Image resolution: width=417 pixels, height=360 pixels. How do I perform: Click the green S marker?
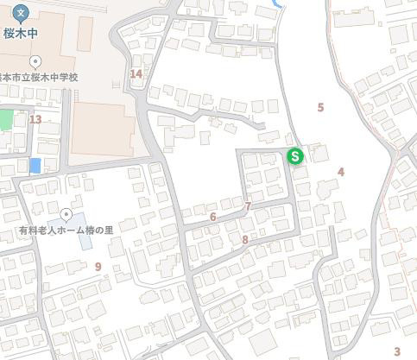(x=295, y=156)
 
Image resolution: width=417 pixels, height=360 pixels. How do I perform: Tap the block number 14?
(x=136, y=73)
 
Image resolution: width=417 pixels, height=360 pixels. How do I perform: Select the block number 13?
(x=35, y=118)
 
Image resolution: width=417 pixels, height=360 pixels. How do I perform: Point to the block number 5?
(x=320, y=107)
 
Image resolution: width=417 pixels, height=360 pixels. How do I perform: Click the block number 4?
(x=341, y=172)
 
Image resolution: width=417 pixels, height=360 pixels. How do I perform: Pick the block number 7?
(x=248, y=206)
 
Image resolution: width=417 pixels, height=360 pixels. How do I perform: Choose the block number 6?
(x=212, y=217)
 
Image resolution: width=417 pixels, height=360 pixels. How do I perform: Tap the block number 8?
(x=245, y=239)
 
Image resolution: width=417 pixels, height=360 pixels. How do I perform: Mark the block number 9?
(x=98, y=266)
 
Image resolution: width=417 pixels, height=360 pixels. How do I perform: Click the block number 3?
(x=397, y=351)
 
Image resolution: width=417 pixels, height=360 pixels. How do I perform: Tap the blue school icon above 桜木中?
(x=22, y=14)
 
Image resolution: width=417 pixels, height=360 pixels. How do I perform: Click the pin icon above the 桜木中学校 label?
(x=35, y=61)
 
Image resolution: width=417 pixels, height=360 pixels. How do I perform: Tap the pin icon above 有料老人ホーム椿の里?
(x=66, y=214)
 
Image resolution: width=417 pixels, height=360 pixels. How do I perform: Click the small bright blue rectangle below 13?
(x=35, y=165)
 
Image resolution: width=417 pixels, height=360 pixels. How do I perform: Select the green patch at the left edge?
(x=6, y=119)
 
